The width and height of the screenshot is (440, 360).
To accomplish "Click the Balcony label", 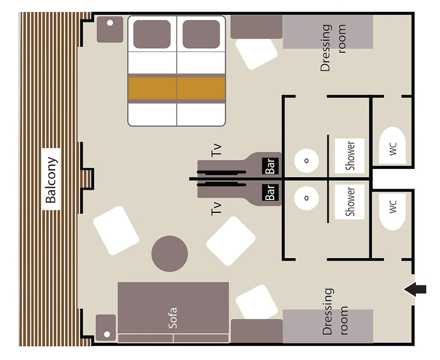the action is tap(51, 180).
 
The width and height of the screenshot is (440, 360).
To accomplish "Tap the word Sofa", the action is tap(173, 318).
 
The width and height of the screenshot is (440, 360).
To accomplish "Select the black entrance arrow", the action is tap(415, 290).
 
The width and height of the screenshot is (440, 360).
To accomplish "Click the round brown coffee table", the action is tap(170, 254).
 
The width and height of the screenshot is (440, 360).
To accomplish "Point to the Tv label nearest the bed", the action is tap(216, 150).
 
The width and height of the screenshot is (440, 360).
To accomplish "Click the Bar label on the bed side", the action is tap(270, 166).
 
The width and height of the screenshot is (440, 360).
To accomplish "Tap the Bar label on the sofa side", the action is tap(270, 193).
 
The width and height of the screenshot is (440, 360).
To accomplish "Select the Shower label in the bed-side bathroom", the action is tap(350, 156).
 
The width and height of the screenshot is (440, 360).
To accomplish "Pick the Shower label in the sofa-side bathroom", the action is tap(350, 201).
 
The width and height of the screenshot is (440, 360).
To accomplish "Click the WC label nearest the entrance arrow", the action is tap(393, 207).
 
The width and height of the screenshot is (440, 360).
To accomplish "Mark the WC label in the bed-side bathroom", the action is tap(393, 149).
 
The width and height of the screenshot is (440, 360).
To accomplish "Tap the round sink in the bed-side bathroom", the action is tap(306, 161).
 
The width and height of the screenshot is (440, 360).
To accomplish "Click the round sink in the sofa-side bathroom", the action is tap(306, 198).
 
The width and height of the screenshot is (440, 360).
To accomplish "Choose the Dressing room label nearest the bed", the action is tap(333, 48).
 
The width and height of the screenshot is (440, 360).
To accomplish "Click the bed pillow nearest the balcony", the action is tap(152, 34).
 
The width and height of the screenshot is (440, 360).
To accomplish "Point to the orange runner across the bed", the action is tap(177, 88).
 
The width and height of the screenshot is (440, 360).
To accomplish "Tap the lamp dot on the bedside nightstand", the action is tap(110, 23).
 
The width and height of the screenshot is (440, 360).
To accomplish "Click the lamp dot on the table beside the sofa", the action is tap(107, 334).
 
